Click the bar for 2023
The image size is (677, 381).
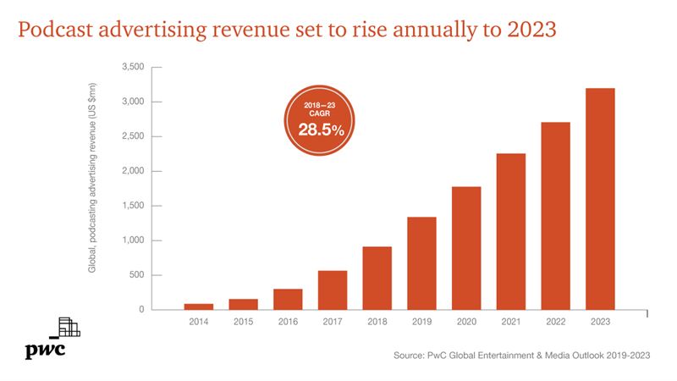click(601, 199)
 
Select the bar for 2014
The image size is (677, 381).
click(198, 306)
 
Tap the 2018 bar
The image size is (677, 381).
click(377, 278)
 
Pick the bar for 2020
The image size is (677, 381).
click(466, 248)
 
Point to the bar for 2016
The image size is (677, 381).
click(288, 299)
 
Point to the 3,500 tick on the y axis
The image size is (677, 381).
click(133, 67)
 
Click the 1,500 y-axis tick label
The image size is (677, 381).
click(133, 206)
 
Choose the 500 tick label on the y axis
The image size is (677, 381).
click(137, 275)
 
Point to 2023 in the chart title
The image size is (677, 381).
click(528, 30)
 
